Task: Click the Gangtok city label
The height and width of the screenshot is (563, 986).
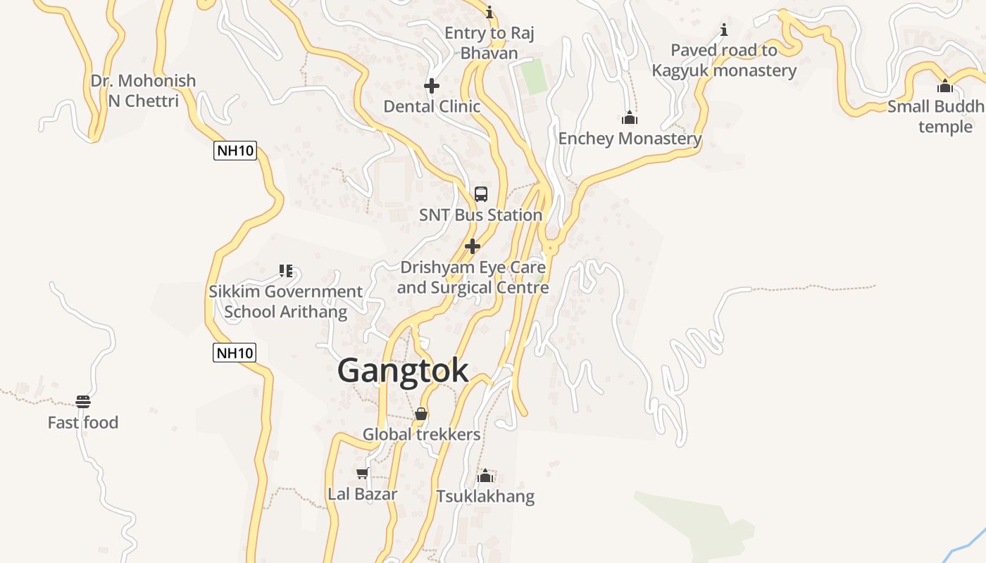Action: coord(403,370)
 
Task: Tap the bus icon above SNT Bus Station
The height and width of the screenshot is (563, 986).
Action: coord(481,194)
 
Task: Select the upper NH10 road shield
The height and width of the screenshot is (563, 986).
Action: coord(235,151)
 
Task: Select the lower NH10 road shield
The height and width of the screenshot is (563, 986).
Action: coord(235,353)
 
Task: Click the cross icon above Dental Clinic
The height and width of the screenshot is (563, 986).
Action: coord(432,86)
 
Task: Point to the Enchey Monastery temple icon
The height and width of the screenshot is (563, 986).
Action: coord(630,118)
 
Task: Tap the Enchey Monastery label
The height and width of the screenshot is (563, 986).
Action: coord(630,139)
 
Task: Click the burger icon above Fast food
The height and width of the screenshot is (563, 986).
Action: coord(83,402)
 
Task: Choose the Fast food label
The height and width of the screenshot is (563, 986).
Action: coord(83,423)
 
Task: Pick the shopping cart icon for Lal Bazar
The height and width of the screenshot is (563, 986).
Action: coord(363,473)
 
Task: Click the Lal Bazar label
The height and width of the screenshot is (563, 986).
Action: coord(363,494)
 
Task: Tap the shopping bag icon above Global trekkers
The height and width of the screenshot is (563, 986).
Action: coord(421,414)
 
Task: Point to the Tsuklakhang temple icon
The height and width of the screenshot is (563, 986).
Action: coord(485,476)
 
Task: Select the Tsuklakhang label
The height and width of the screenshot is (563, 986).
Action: coord(485,497)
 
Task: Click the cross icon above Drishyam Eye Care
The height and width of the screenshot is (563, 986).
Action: coord(473,246)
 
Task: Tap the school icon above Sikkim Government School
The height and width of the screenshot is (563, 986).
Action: coord(286,270)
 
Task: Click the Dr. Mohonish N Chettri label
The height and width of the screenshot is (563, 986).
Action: coord(144,91)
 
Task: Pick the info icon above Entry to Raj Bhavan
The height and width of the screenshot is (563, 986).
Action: coord(489,12)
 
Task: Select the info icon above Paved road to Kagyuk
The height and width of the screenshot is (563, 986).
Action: coord(723,30)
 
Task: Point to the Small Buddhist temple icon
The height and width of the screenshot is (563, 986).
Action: coord(945,87)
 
